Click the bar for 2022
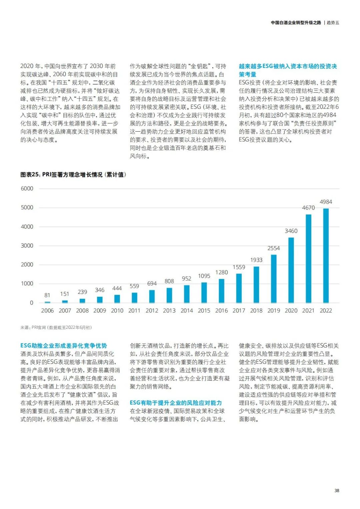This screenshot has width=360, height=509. click(326, 256)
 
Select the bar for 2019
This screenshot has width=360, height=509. click(274, 279)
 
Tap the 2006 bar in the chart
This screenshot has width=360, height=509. click(47, 302)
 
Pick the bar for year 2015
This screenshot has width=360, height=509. click(204, 292)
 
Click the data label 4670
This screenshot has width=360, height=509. click(308, 208)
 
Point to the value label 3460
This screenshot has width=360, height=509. click(291, 231)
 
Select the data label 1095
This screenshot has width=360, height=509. click(204, 276)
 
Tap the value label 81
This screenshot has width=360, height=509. click(47, 295)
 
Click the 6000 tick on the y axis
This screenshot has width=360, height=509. click(27, 189)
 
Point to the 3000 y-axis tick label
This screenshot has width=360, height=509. click(27, 246)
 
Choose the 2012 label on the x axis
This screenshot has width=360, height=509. click(152, 310)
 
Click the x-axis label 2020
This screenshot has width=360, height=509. click(291, 310)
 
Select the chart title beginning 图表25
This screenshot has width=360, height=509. click(73, 175)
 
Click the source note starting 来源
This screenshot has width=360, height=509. click(56, 327)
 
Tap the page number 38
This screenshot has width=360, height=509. click(337, 490)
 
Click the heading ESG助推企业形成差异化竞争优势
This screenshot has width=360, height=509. click(64, 346)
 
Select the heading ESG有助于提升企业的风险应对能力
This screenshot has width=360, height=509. click(176, 403)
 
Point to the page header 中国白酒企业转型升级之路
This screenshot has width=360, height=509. click(296, 23)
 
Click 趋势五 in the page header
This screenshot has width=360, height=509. click(333, 23)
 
